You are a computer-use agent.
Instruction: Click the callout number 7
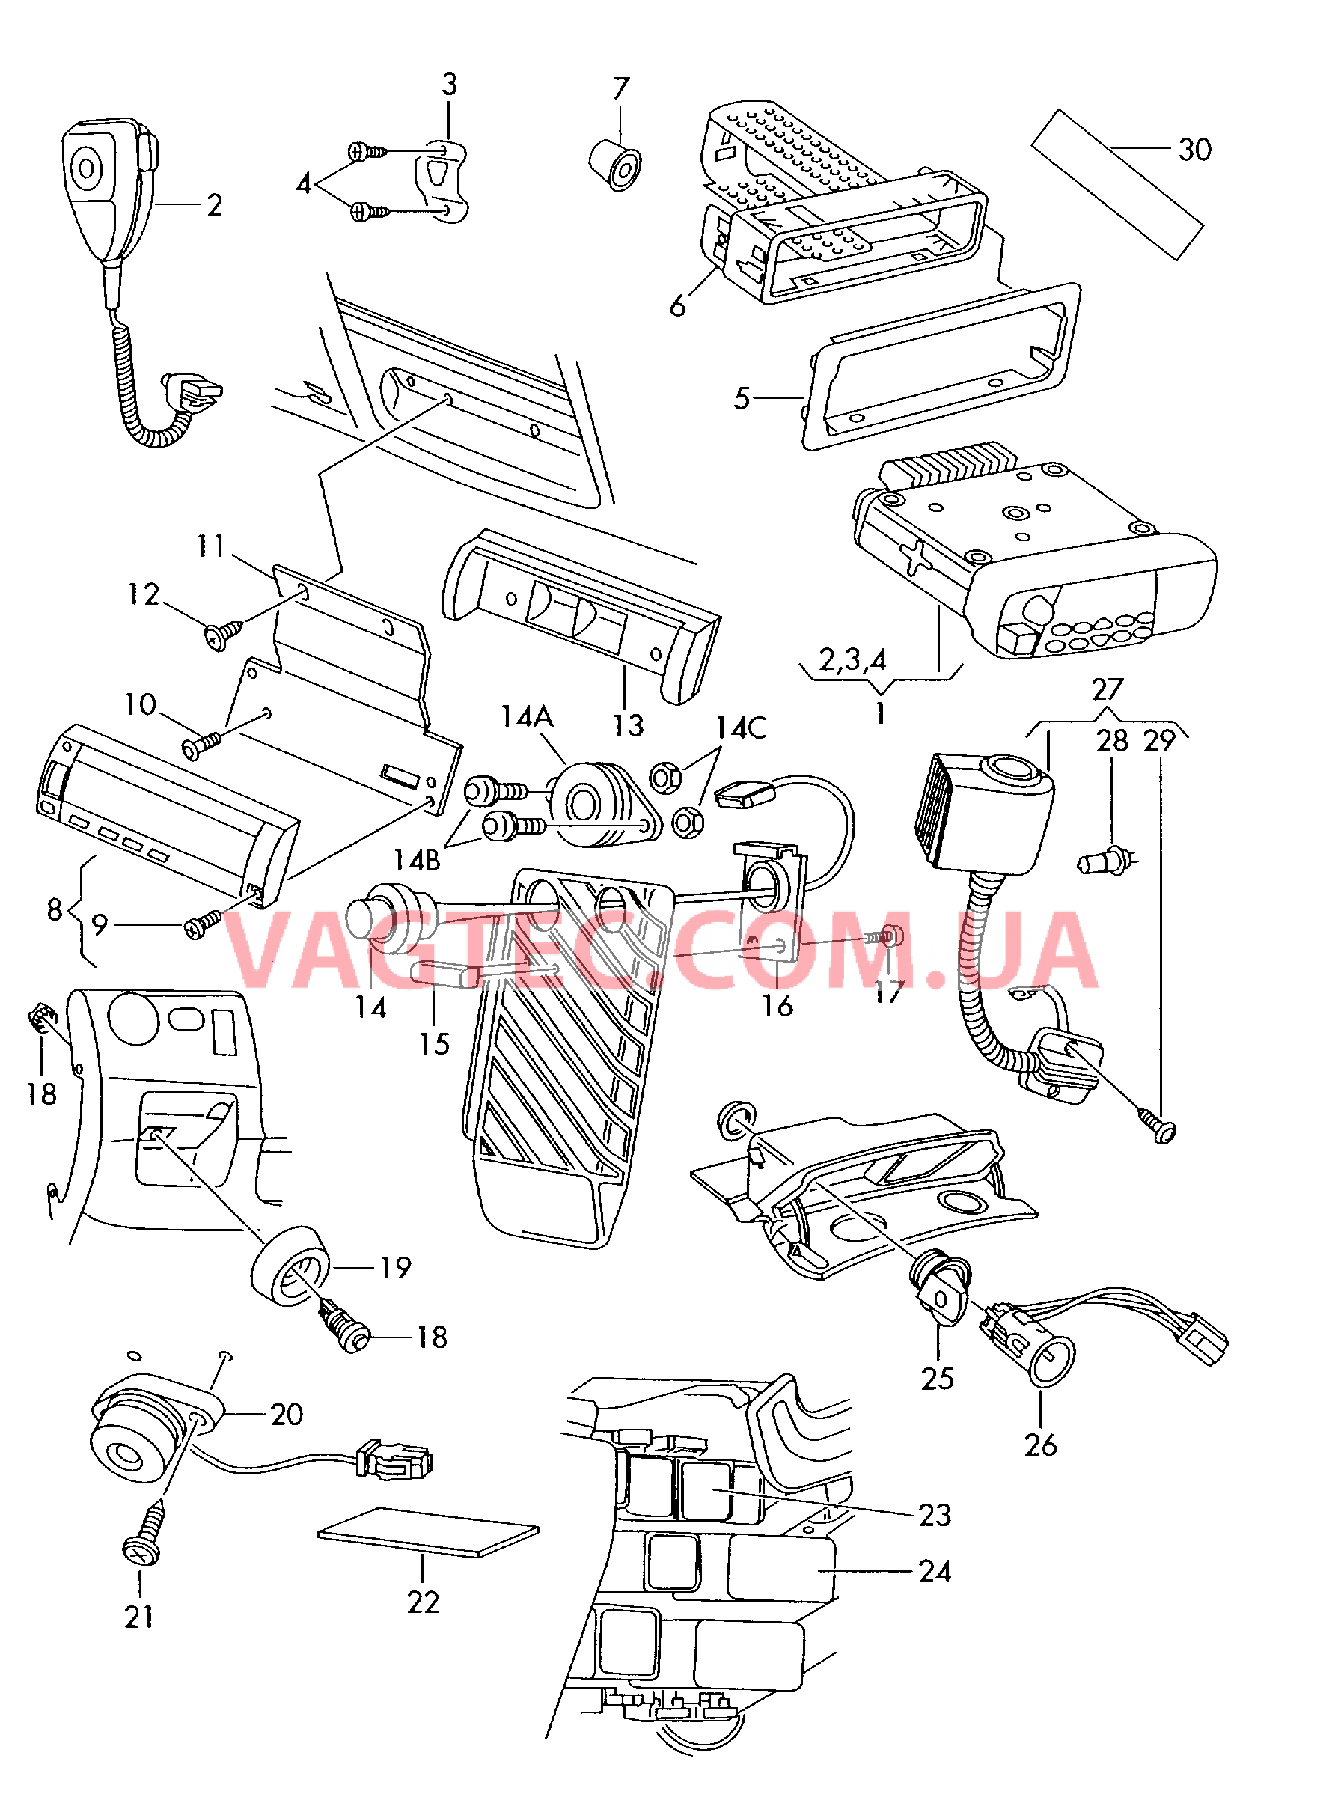pos(620,88)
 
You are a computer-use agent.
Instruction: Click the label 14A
pos(527,716)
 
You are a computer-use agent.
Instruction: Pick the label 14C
pos(740,728)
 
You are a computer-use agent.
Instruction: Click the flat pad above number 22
pos(428,1531)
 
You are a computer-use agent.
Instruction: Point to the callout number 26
pos(1040,1445)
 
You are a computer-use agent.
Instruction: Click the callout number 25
pos(937,1379)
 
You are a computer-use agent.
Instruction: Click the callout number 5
pos(742,398)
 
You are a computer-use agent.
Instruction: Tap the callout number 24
pos(935,1571)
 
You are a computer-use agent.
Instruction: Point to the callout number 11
pos(211,546)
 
